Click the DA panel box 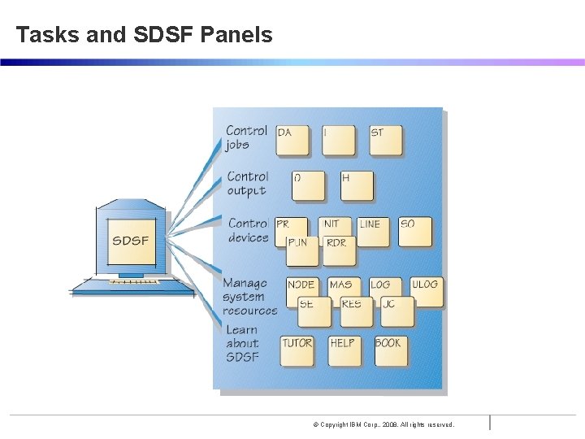pyautogui.click(x=292, y=139)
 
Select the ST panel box pyautogui.click(x=386, y=139)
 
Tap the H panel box pyautogui.click(x=356, y=185)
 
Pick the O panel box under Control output pyautogui.click(x=307, y=185)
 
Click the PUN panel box pyautogui.click(x=301, y=250)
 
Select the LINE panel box pyautogui.click(x=372, y=231)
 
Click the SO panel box pyautogui.click(x=414, y=231)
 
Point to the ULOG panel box pyautogui.click(x=427, y=291)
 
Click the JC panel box pyautogui.click(x=396, y=311)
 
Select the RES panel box pyautogui.click(x=356, y=311)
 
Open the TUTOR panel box pyautogui.click(x=297, y=350)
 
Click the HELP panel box pyautogui.click(x=344, y=350)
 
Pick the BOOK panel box pyautogui.click(x=390, y=350)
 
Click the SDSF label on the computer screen pyautogui.click(x=130, y=241)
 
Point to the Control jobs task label pyautogui.click(x=246, y=137)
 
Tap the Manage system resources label pyautogui.click(x=249, y=297)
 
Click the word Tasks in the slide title pyautogui.click(x=47, y=35)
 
